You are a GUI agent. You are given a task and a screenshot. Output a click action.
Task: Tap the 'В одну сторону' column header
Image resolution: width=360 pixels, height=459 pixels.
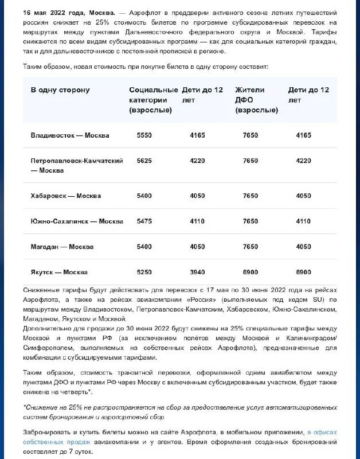point(60,90)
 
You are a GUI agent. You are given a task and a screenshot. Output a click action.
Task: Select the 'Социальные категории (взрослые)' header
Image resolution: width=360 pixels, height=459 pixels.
point(153,100)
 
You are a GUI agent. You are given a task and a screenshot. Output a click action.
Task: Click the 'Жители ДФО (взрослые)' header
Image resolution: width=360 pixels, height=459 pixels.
point(256,100)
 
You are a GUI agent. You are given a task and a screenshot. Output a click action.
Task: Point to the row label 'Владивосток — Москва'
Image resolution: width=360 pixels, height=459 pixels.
point(69,135)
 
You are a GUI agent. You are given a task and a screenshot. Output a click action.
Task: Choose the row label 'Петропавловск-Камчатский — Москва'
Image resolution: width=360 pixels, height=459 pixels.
point(76,165)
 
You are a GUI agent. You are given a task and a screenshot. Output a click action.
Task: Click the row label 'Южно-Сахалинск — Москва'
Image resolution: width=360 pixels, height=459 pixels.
point(76,221)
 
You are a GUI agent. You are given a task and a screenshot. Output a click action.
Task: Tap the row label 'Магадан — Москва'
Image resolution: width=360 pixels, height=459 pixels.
point(62,247)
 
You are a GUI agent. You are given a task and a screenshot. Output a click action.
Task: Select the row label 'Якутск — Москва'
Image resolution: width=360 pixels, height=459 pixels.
point(59,272)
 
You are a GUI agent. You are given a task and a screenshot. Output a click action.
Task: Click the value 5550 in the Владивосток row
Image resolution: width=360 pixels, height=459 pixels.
point(144,135)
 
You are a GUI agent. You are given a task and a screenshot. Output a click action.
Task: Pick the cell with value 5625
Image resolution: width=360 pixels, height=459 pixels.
point(144,161)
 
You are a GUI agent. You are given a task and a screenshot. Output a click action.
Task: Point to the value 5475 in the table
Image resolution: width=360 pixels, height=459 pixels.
point(144,221)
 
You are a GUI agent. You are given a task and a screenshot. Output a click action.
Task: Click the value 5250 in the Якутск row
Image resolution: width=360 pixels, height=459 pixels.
point(144,272)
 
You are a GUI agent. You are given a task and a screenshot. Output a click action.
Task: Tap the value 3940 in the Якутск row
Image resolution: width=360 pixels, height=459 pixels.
point(197,272)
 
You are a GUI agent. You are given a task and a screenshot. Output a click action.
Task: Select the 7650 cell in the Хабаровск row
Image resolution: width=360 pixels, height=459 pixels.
point(250,196)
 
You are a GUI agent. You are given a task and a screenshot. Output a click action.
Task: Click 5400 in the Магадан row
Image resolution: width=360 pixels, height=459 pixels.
point(144,247)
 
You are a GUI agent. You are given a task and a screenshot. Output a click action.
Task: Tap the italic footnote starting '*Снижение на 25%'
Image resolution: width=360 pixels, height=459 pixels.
point(179,412)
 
